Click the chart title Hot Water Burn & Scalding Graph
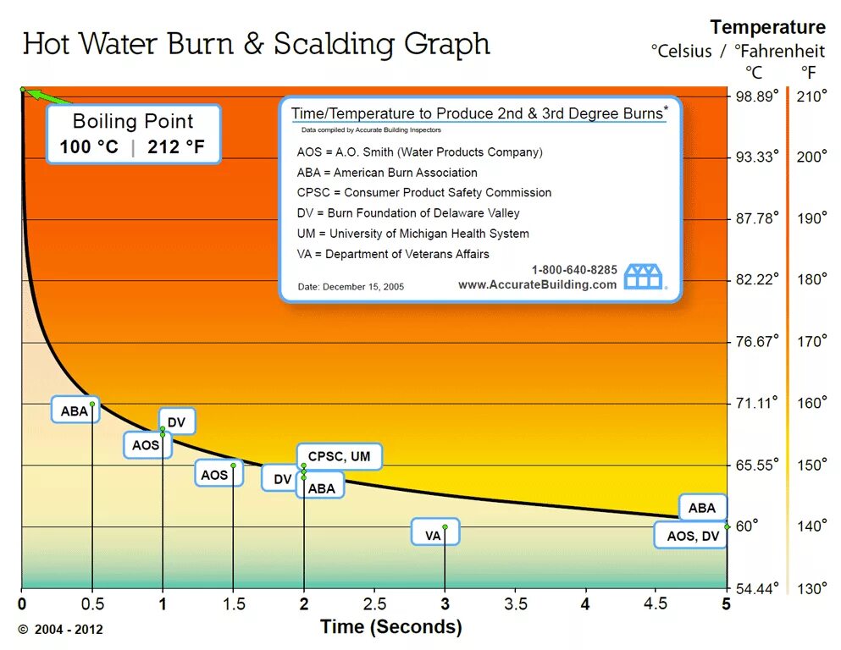(x=256, y=44)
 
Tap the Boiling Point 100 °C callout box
(x=133, y=135)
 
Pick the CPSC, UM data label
(x=339, y=457)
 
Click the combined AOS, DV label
(x=691, y=535)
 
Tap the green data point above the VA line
(x=445, y=526)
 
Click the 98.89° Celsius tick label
(x=756, y=96)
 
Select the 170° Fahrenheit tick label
(x=811, y=341)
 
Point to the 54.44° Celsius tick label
(x=756, y=588)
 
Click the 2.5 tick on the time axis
(x=375, y=604)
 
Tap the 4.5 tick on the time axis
(x=656, y=604)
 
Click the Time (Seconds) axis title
(x=390, y=627)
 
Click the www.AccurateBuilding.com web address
(x=537, y=284)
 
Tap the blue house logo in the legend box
(x=644, y=276)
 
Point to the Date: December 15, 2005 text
(x=351, y=287)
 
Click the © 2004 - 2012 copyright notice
(x=60, y=629)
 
